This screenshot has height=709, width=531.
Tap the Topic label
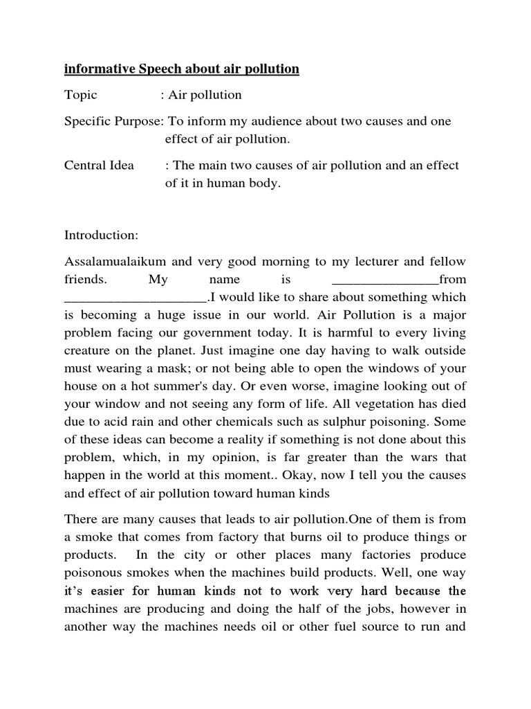81,95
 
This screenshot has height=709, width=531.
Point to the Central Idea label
99,165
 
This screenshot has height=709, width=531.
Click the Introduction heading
102,235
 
